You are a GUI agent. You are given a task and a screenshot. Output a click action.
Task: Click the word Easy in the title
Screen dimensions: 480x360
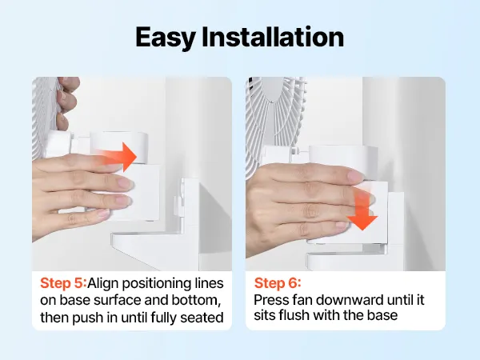166,38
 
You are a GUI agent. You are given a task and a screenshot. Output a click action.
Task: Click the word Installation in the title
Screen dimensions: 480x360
273,37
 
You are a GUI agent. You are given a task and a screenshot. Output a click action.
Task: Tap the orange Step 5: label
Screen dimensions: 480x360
63,283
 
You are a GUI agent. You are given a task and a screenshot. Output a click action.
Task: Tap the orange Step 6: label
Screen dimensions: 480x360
278,283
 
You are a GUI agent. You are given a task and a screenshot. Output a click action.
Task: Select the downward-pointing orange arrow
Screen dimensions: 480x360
362,207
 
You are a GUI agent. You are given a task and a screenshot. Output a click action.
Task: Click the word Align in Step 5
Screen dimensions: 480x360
102,284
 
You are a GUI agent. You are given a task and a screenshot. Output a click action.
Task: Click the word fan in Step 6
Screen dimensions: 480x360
302,300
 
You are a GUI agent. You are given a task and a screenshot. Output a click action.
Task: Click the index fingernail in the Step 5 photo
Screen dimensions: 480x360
125,183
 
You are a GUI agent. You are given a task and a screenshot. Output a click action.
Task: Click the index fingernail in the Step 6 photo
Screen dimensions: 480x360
355,176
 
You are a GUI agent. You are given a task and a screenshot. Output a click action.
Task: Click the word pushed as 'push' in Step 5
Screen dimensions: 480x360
87,318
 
